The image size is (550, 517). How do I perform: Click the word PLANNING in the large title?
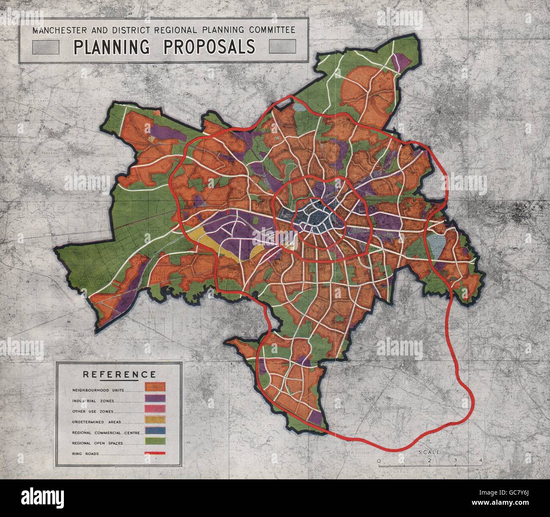(112, 47)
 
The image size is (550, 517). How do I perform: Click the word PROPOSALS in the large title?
(209, 47)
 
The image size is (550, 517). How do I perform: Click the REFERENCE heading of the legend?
(119, 374)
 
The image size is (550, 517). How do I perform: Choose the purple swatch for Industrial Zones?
(155, 398)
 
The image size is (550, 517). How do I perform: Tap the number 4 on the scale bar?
(480, 461)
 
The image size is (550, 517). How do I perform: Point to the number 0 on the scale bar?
(379, 461)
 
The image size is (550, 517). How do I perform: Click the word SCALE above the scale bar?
(429, 452)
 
